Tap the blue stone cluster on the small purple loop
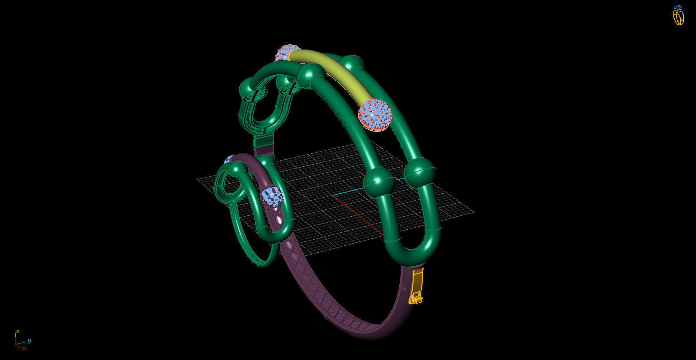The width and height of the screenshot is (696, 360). click(x=272, y=196)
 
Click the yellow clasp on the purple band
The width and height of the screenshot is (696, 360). click(x=416, y=287)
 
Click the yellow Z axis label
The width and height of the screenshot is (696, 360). click(x=17, y=332)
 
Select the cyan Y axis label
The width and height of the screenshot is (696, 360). click(x=29, y=340)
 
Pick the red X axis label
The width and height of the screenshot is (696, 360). click(x=24, y=348)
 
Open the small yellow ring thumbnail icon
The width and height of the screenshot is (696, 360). click(x=678, y=16)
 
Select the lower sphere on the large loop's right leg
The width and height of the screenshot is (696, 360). click(x=419, y=171)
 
